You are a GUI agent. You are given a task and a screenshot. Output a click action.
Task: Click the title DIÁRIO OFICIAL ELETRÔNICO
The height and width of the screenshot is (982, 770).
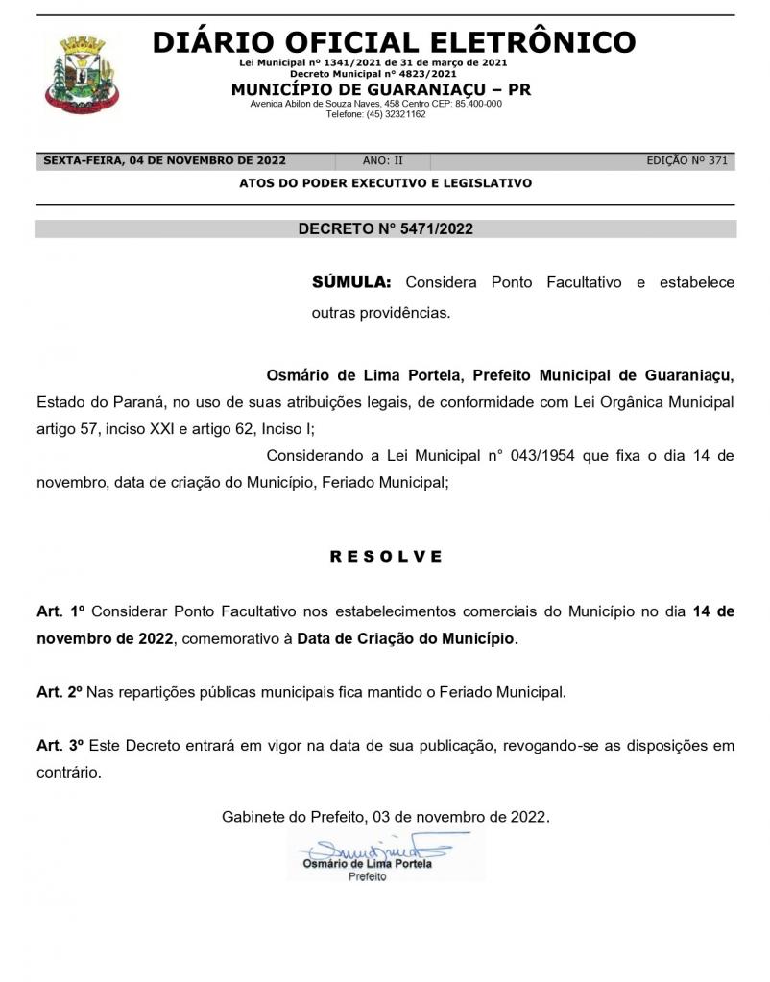click(x=394, y=42)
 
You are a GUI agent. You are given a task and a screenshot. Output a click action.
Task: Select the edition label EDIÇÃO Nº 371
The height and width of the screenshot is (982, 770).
click(x=686, y=161)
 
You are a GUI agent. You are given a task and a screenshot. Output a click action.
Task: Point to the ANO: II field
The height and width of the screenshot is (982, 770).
click(x=383, y=161)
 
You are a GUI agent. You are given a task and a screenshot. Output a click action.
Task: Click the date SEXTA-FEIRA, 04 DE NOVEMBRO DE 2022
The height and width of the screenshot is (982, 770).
click(x=164, y=161)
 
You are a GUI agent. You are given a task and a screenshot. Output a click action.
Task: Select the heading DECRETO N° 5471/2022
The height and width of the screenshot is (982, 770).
click(x=385, y=229)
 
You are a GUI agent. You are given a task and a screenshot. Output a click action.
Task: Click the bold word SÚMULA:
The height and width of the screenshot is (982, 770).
click(x=351, y=283)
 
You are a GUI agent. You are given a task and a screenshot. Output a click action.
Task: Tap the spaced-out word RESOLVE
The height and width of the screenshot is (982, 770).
click(x=386, y=556)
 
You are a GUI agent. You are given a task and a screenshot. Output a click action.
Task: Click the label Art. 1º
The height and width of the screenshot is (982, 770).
click(x=61, y=611)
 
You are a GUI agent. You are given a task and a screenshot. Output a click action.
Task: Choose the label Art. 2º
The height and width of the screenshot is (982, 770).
click(x=60, y=691)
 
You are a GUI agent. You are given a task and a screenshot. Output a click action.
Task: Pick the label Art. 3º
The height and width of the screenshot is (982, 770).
click(x=60, y=745)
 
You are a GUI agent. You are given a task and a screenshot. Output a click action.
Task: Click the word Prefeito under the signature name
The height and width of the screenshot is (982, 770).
click(x=367, y=877)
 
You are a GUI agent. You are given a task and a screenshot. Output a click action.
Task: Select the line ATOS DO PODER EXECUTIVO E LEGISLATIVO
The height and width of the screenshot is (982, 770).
click(x=385, y=183)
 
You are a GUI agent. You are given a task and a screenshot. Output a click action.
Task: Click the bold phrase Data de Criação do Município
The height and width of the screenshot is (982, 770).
click(x=406, y=638)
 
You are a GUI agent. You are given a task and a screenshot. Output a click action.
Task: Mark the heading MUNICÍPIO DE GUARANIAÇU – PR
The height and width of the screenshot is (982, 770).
click(x=381, y=89)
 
